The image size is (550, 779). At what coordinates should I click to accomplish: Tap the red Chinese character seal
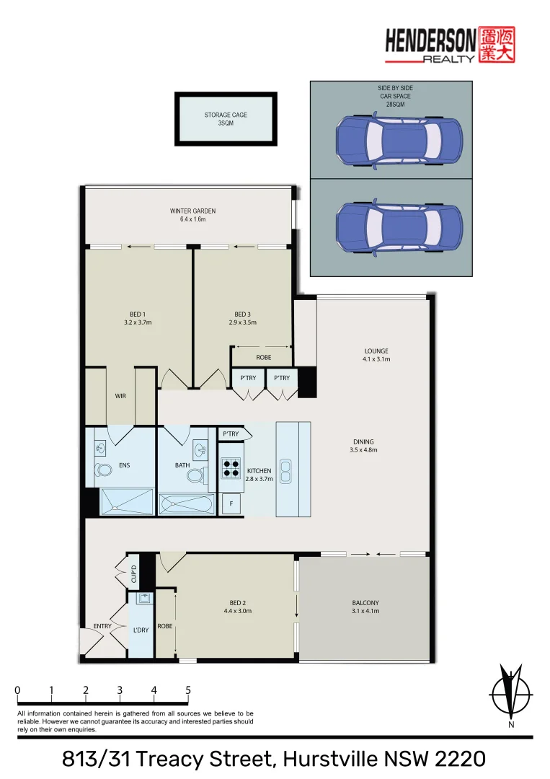point(497,45)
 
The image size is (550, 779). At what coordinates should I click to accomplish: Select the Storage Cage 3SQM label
point(226,119)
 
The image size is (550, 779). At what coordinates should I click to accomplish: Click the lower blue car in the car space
point(399,227)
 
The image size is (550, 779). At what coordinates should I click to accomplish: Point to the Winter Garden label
point(192,211)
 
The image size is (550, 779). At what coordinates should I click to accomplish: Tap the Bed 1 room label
point(138,314)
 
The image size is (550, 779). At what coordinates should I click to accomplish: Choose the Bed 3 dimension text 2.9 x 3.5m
point(242,322)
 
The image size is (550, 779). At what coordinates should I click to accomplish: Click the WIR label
point(120,396)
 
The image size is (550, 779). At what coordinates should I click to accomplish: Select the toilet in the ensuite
point(104,471)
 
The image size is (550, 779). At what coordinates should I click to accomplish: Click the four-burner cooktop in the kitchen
point(230,470)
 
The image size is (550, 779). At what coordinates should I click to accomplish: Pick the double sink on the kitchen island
point(286,472)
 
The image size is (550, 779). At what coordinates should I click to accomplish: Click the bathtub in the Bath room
point(186,503)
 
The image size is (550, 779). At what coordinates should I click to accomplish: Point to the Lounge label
point(376,351)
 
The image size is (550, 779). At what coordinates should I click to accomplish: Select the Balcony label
point(365,603)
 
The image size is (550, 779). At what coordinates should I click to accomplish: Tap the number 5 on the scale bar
point(188,690)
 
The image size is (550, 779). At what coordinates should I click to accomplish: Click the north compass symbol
point(510,694)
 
